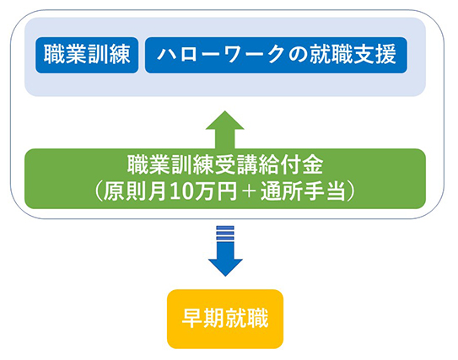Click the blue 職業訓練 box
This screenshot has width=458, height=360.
coord(87,55)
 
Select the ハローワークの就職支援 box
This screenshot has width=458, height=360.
coord(276,55)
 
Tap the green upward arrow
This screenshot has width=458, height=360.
coord(225,130)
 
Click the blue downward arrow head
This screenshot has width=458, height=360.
coord(225,267)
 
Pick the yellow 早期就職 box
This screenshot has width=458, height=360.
coord(225,319)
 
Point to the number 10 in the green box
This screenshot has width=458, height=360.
coord(180,192)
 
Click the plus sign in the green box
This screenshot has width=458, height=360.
coord(249,192)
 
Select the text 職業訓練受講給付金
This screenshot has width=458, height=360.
coord(225,165)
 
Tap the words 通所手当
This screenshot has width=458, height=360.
coord(304,192)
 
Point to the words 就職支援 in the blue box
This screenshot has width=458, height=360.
coord(353,55)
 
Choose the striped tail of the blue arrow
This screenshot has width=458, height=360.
coord(225,233)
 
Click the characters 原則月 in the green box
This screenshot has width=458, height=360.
coord(136,192)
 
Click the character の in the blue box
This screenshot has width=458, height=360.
coord(299,55)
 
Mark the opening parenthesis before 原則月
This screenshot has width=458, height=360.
coord(99,192)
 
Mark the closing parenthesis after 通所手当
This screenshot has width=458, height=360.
coord(351,192)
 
